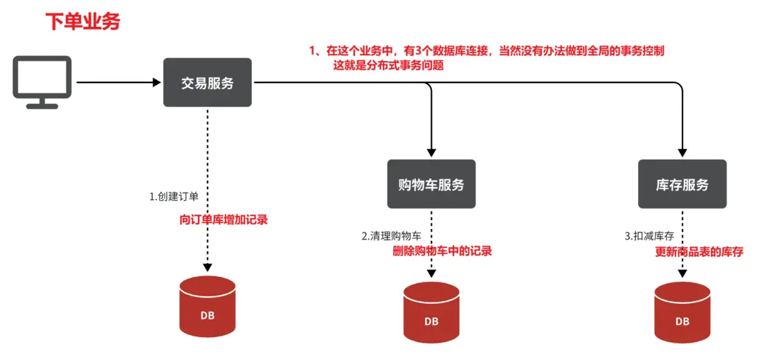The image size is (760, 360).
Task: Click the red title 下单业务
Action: [x=82, y=21]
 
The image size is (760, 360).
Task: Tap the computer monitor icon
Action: [x=42, y=82]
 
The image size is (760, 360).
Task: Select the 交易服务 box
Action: [x=207, y=83]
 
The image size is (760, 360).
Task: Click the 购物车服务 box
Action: [x=431, y=184]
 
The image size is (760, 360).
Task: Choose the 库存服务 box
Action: [x=682, y=184]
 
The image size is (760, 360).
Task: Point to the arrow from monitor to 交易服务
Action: [x=118, y=83]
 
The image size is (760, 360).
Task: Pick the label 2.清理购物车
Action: [x=391, y=236]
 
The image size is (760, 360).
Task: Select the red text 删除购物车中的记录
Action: [x=442, y=251]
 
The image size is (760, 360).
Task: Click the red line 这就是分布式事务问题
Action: [x=388, y=66]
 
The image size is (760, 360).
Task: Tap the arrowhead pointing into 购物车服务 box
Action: [x=431, y=153]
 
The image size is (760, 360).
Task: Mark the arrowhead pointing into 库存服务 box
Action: [x=682, y=153]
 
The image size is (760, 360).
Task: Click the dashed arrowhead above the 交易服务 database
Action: [x=207, y=267]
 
